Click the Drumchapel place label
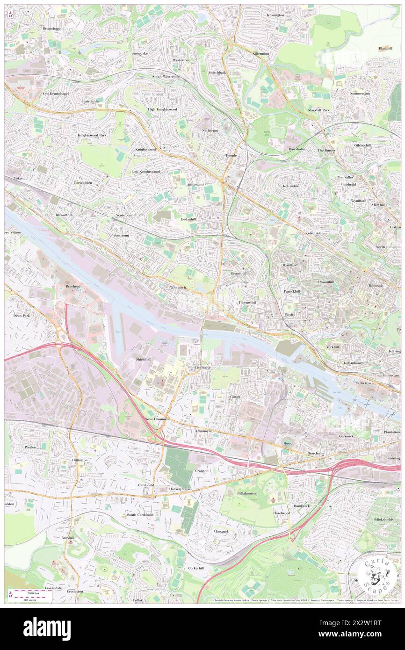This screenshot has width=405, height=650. point(52,29)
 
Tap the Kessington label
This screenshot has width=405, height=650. point(275,15)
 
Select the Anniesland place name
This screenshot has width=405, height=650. point(195,185)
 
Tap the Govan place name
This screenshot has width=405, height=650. point(235,397)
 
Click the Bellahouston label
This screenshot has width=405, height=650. point(248,493)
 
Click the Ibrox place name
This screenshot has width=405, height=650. point(287,442)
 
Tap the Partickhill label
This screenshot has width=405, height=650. point(292,291)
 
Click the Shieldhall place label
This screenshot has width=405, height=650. point(143,359)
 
